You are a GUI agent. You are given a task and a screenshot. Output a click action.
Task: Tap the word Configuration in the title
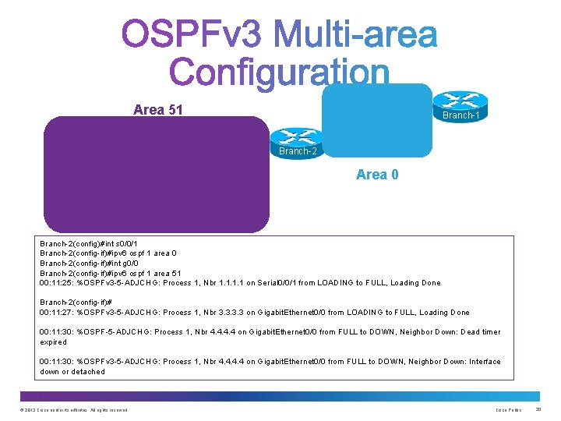[x=279, y=73]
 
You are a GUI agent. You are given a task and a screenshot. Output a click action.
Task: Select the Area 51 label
[x=157, y=110]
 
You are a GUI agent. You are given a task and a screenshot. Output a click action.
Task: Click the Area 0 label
[x=377, y=174]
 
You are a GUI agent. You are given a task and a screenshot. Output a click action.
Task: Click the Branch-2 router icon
[x=297, y=136]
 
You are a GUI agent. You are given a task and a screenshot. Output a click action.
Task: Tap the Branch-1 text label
[x=460, y=115]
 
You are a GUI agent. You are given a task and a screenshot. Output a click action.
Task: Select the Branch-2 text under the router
[x=298, y=151]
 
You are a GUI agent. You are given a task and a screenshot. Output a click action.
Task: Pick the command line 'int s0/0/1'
[x=116, y=244]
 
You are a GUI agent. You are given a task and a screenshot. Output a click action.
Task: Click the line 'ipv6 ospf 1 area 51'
[x=143, y=273]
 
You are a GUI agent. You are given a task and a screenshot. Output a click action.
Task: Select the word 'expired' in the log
[x=54, y=342]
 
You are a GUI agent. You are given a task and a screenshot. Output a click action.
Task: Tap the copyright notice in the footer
[x=73, y=410]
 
